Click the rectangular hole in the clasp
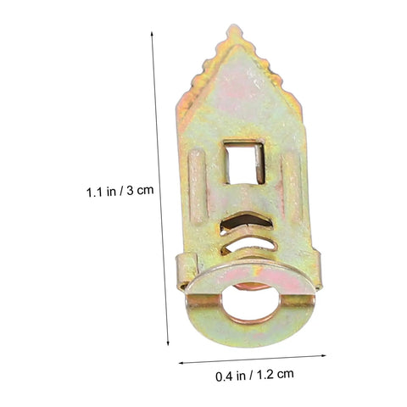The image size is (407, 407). [x=244, y=162]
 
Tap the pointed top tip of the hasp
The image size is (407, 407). [x=235, y=26]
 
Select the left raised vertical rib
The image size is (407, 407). [x=197, y=187]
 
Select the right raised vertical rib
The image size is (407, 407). [x=292, y=187]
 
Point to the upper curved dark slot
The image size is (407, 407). [x=246, y=221]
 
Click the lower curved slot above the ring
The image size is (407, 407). [x=248, y=245]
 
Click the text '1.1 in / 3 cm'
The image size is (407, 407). [x=120, y=192]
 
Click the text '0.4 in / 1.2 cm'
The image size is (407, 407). [x=254, y=376]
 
